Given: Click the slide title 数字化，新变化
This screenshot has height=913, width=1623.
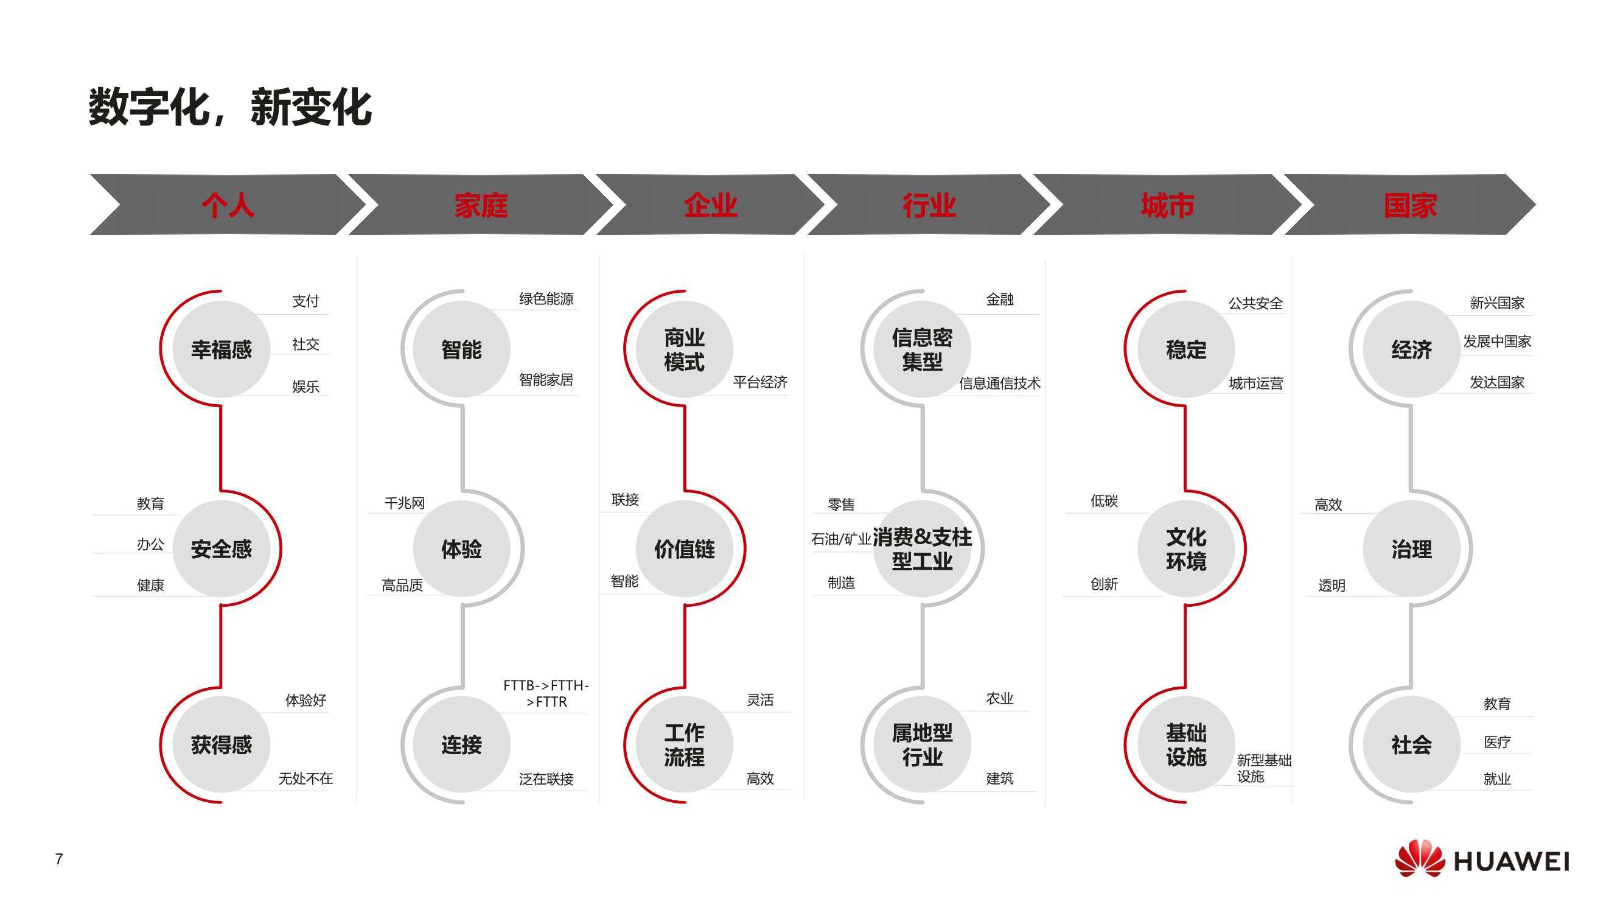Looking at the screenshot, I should (x=230, y=107).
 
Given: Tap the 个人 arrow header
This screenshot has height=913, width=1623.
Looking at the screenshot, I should (x=228, y=205).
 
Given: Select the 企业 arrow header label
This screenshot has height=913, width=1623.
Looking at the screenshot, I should (x=710, y=205).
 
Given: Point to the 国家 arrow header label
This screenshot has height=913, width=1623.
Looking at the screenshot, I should (x=1410, y=205).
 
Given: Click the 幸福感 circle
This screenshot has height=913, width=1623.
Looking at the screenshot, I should (x=221, y=349).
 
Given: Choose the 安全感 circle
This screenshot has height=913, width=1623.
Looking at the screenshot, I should (x=221, y=549).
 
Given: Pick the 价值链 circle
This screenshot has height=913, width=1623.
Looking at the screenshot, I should (x=684, y=549).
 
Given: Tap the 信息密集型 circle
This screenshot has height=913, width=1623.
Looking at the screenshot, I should (x=922, y=349).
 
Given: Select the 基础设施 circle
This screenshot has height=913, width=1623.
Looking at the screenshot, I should (x=1185, y=744).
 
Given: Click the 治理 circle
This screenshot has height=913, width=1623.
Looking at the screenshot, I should (x=1411, y=549).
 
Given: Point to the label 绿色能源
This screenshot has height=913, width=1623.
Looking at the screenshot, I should (x=546, y=299).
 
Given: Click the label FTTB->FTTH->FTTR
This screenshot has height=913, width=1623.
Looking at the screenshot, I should (x=546, y=693).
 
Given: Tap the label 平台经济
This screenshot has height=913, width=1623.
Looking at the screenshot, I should (x=760, y=382).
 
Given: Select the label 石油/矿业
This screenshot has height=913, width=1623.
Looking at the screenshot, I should (x=840, y=539).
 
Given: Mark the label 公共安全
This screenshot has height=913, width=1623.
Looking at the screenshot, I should (x=1255, y=303).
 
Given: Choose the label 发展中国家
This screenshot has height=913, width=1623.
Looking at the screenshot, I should (x=1496, y=341).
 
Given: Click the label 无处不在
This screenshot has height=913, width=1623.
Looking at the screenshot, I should (x=305, y=779).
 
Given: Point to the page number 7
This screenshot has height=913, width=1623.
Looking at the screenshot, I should (x=59, y=859).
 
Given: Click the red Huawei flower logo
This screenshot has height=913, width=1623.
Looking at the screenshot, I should (x=1420, y=858).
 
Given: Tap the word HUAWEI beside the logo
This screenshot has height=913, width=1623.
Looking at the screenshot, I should (x=1511, y=861).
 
